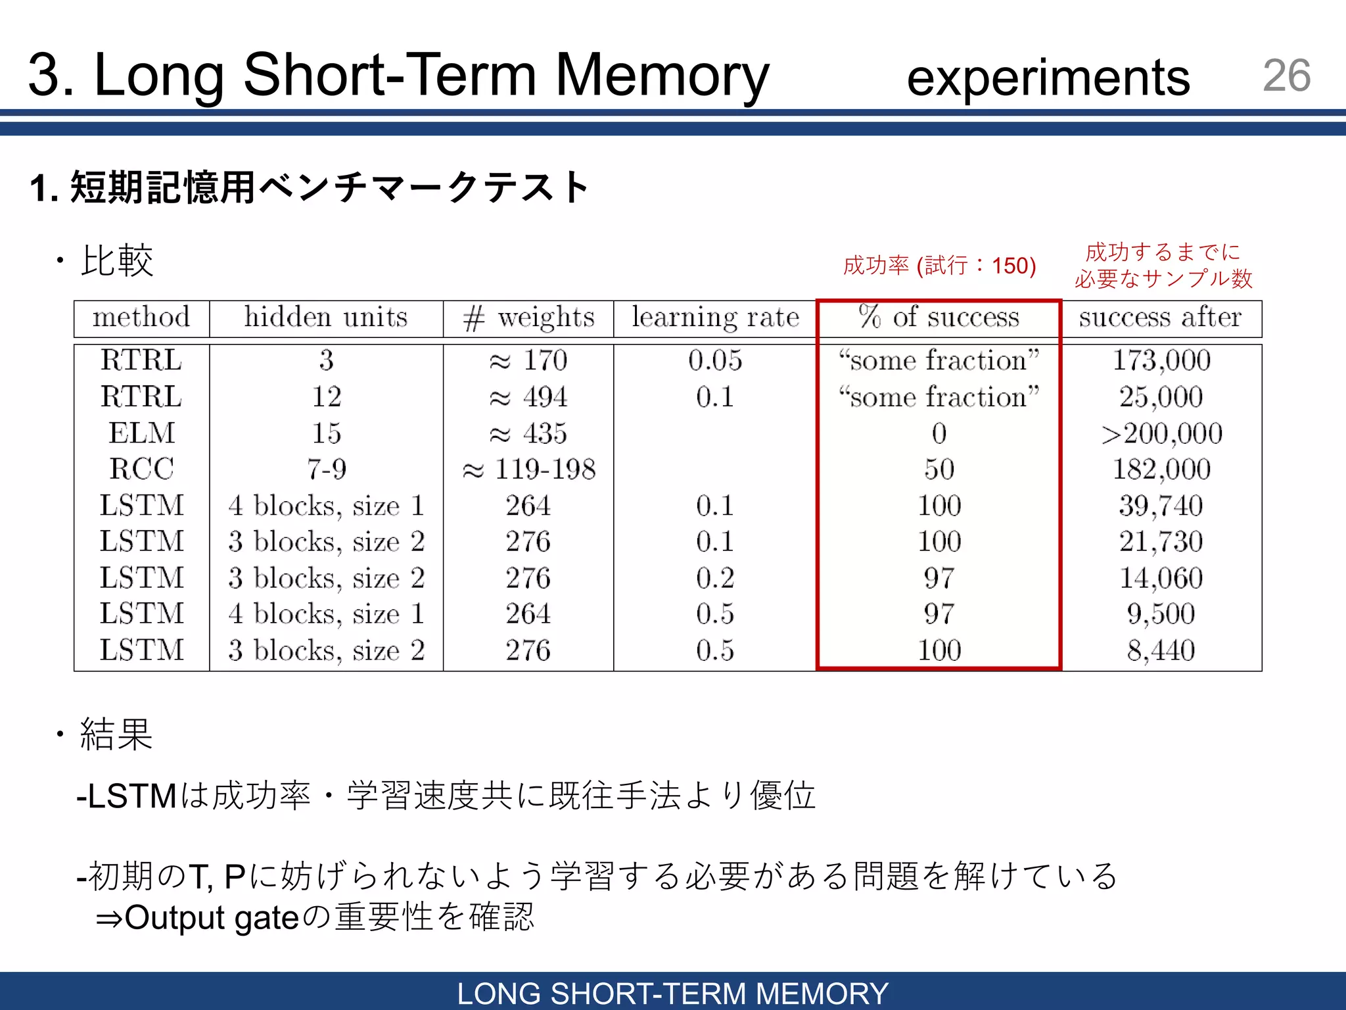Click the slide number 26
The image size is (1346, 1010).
coord(1286,75)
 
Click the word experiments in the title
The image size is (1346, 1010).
coord(1048,78)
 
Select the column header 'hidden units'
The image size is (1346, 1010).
coord(326,318)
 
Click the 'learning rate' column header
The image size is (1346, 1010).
coord(715,318)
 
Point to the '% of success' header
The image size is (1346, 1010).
coord(939,318)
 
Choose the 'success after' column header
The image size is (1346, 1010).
coord(1160,318)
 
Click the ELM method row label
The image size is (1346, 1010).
coord(142,433)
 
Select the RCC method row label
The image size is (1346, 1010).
coord(142,469)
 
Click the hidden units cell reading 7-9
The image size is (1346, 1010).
coord(326,469)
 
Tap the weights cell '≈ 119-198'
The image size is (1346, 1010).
coord(528,469)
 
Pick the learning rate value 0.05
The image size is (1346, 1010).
coord(715,360)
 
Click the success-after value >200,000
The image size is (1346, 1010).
coord(1161,433)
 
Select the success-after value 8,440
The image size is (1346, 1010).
coord(1161,650)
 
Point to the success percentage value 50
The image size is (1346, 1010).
coord(939,469)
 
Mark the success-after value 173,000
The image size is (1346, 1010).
coord(1161,360)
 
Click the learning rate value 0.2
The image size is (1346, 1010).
coord(715,578)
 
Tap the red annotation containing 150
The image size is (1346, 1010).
coord(939,266)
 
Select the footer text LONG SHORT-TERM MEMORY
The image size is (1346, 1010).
coord(672,993)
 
